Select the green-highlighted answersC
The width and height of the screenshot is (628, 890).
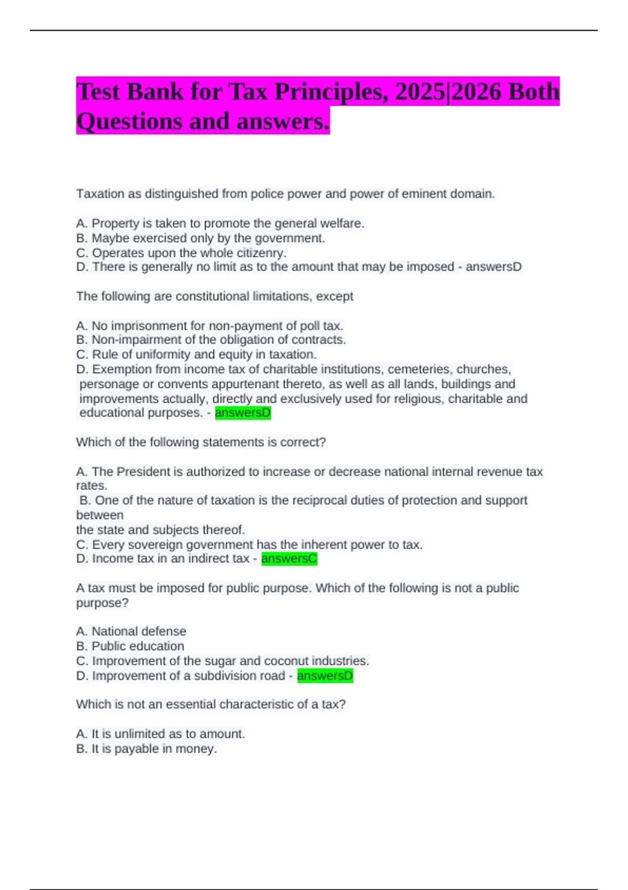pyautogui.click(x=289, y=559)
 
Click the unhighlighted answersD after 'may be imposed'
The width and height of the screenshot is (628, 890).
pyautogui.click(x=494, y=267)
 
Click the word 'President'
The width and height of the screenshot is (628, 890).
pyautogui.click(x=143, y=472)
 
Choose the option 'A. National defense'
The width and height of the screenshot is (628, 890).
pyautogui.click(x=131, y=631)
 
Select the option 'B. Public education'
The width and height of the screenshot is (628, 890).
pyautogui.click(x=130, y=646)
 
